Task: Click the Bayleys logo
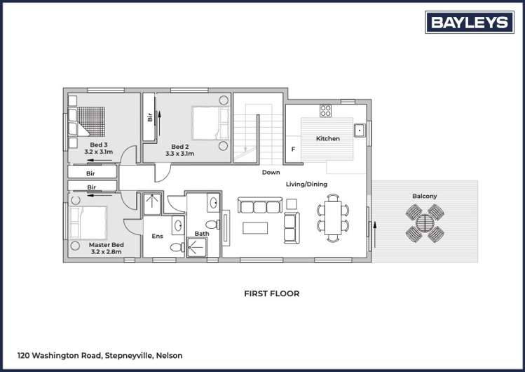(x=468, y=23)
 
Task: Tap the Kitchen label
(x=327, y=139)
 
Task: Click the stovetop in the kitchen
(x=326, y=110)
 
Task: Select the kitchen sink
(x=358, y=130)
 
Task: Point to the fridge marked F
(x=293, y=150)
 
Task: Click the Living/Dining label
(x=306, y=185)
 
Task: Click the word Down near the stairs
(x=271, y=172)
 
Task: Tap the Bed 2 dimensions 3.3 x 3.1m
(x=180, y=153)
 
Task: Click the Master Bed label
(x=105, y=245)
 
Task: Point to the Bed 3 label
(x=98, y=144)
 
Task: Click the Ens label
(x=157, y=237)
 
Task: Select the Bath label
(x=202, y=234)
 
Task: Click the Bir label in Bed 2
(x=150, y=117)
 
